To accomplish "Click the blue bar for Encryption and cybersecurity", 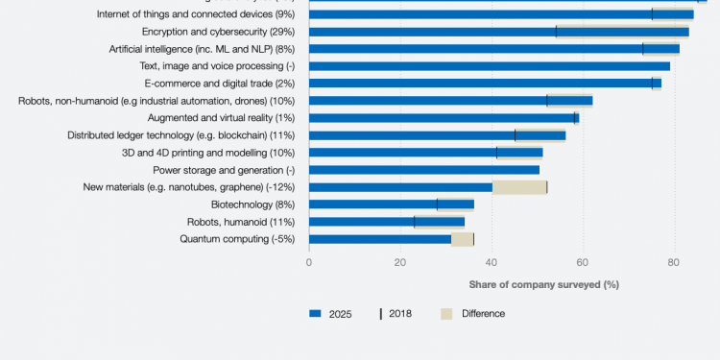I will click(432, 32).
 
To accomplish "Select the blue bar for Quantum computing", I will click(380, 239).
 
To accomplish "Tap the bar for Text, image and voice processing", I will click(490, 66).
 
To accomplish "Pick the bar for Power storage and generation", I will click(423, 170).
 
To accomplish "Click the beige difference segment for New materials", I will click(519, 187).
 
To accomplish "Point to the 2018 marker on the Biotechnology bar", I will click(437, 204).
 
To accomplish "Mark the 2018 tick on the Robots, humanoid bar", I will click(415, 222).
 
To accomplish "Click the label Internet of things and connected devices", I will click(196, 14).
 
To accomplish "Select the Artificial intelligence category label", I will click(202, 49).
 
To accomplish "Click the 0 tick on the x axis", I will click(309, 261).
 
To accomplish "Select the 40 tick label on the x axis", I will click(492, 261).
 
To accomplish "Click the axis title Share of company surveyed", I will click(543, 284).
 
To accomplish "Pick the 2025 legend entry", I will click(332, 313).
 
